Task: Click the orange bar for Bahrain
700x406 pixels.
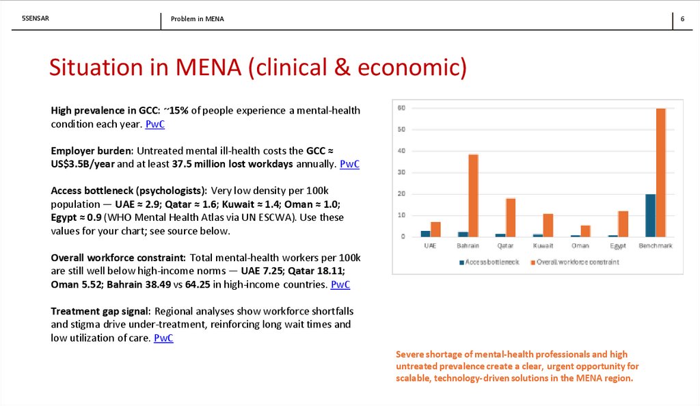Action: pos(473,195)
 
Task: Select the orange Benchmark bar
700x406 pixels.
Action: pos(660,172)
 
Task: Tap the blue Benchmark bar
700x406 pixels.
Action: pos(650,215)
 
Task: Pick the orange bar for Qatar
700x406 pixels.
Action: pos(511,217)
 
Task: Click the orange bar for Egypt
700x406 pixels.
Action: pos(623,224)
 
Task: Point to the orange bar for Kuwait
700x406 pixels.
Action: pos(548,225)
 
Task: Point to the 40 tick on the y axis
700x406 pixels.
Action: pos(402,150)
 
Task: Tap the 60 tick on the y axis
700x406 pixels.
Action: pos(402,108)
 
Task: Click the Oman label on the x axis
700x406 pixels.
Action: pos(580,245)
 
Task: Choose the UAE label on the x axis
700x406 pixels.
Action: pos(430,245)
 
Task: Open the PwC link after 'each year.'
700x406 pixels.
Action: pos(155,124)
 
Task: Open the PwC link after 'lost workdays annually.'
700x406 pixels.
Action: pos(349,164)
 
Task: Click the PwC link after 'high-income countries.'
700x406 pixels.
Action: pos(340,284)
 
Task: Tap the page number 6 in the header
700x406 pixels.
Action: pos(682,19)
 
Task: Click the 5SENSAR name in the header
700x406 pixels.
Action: pos(36,18)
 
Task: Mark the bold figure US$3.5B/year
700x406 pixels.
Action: pos(84,164)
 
